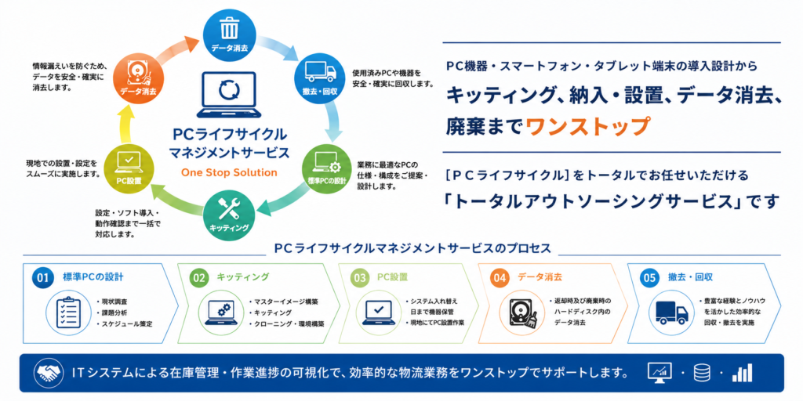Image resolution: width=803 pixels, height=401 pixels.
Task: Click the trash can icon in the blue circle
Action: point(229,27)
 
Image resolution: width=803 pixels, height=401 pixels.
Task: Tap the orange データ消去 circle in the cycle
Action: point(139,78)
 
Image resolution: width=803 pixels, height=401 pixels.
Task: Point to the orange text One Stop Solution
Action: point(229,172)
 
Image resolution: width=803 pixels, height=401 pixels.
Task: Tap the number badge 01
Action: point(42,278)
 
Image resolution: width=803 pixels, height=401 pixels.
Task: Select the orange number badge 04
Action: point(500,278)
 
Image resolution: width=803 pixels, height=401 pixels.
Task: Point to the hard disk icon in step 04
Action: point(521,312)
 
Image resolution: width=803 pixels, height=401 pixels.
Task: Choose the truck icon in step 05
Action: point(672,312)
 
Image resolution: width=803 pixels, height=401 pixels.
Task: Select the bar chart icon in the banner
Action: point(742,373)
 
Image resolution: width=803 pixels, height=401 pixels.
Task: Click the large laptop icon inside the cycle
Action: point(229,94)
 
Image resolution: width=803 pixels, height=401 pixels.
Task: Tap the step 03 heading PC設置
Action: point(392,277)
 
